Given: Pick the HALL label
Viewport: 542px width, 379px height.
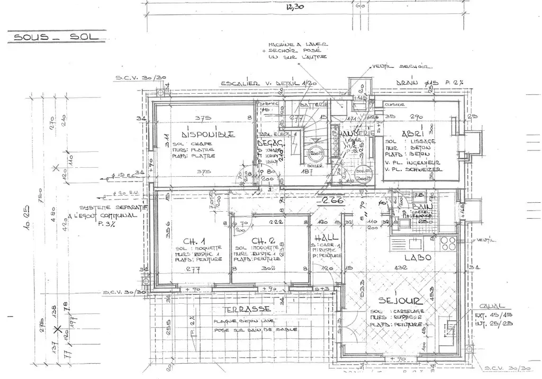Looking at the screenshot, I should pyautogui.click(x=324, y=238).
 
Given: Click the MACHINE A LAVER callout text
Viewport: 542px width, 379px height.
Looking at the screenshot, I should pyautogui.click(x=297, y=44).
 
